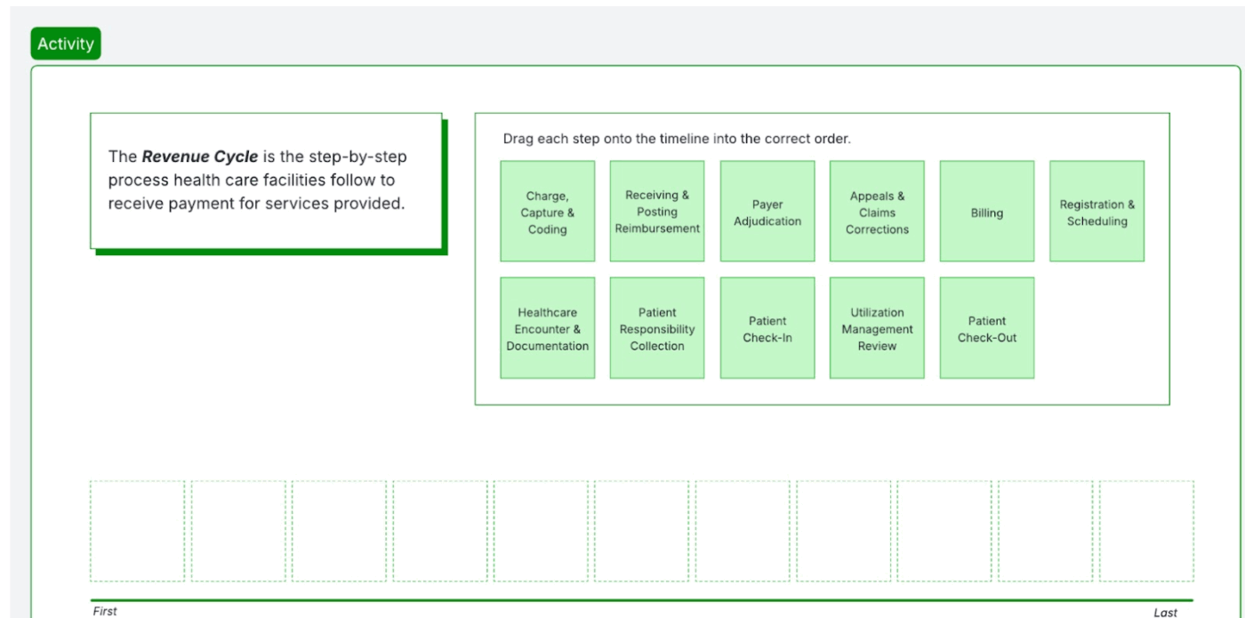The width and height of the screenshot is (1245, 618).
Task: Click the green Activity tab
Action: tap(66, 44)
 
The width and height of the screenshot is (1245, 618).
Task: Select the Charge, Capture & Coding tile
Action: tap(547, 212)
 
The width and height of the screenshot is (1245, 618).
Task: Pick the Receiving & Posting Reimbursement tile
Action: tap(657, 212)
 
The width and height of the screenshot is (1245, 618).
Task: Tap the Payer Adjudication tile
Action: tap(767, 212)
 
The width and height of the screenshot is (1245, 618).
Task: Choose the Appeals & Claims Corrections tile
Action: tap(877, 212)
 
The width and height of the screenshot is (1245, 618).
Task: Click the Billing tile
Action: tap(986, 213)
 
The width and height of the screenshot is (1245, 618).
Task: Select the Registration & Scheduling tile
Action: tap(1096, 212)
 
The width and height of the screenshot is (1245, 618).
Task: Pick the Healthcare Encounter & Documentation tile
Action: tap(547, 328)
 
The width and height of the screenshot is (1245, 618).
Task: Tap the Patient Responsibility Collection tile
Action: tap(657, 328)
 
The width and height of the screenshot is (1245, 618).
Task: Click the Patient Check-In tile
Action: tap(767, 328)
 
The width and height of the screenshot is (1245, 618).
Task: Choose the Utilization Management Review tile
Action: tap(877, 328)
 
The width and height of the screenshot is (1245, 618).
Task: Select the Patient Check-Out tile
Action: tap(986, 328)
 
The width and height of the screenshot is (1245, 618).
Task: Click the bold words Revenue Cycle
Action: tap(200, 157)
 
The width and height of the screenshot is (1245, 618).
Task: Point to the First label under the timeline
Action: tap(104, 611)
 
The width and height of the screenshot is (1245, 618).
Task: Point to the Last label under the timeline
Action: tap(1165, 612)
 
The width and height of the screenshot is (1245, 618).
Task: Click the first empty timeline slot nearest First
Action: tap(137, 531)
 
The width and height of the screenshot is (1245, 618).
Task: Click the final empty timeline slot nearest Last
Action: tap(1146, 531)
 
